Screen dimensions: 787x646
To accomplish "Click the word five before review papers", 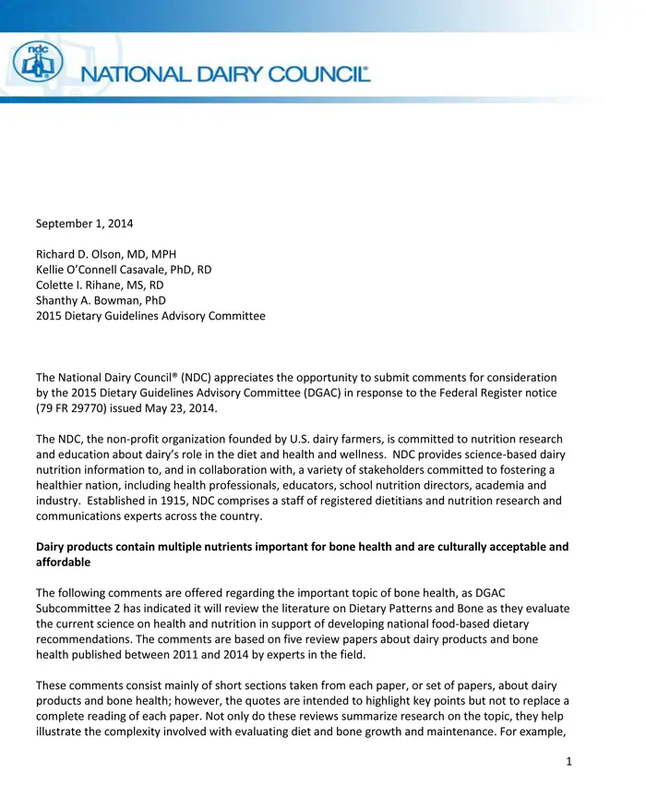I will [x=332, y=636].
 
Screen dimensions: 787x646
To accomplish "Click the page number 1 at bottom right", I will [x=570, y=762].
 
